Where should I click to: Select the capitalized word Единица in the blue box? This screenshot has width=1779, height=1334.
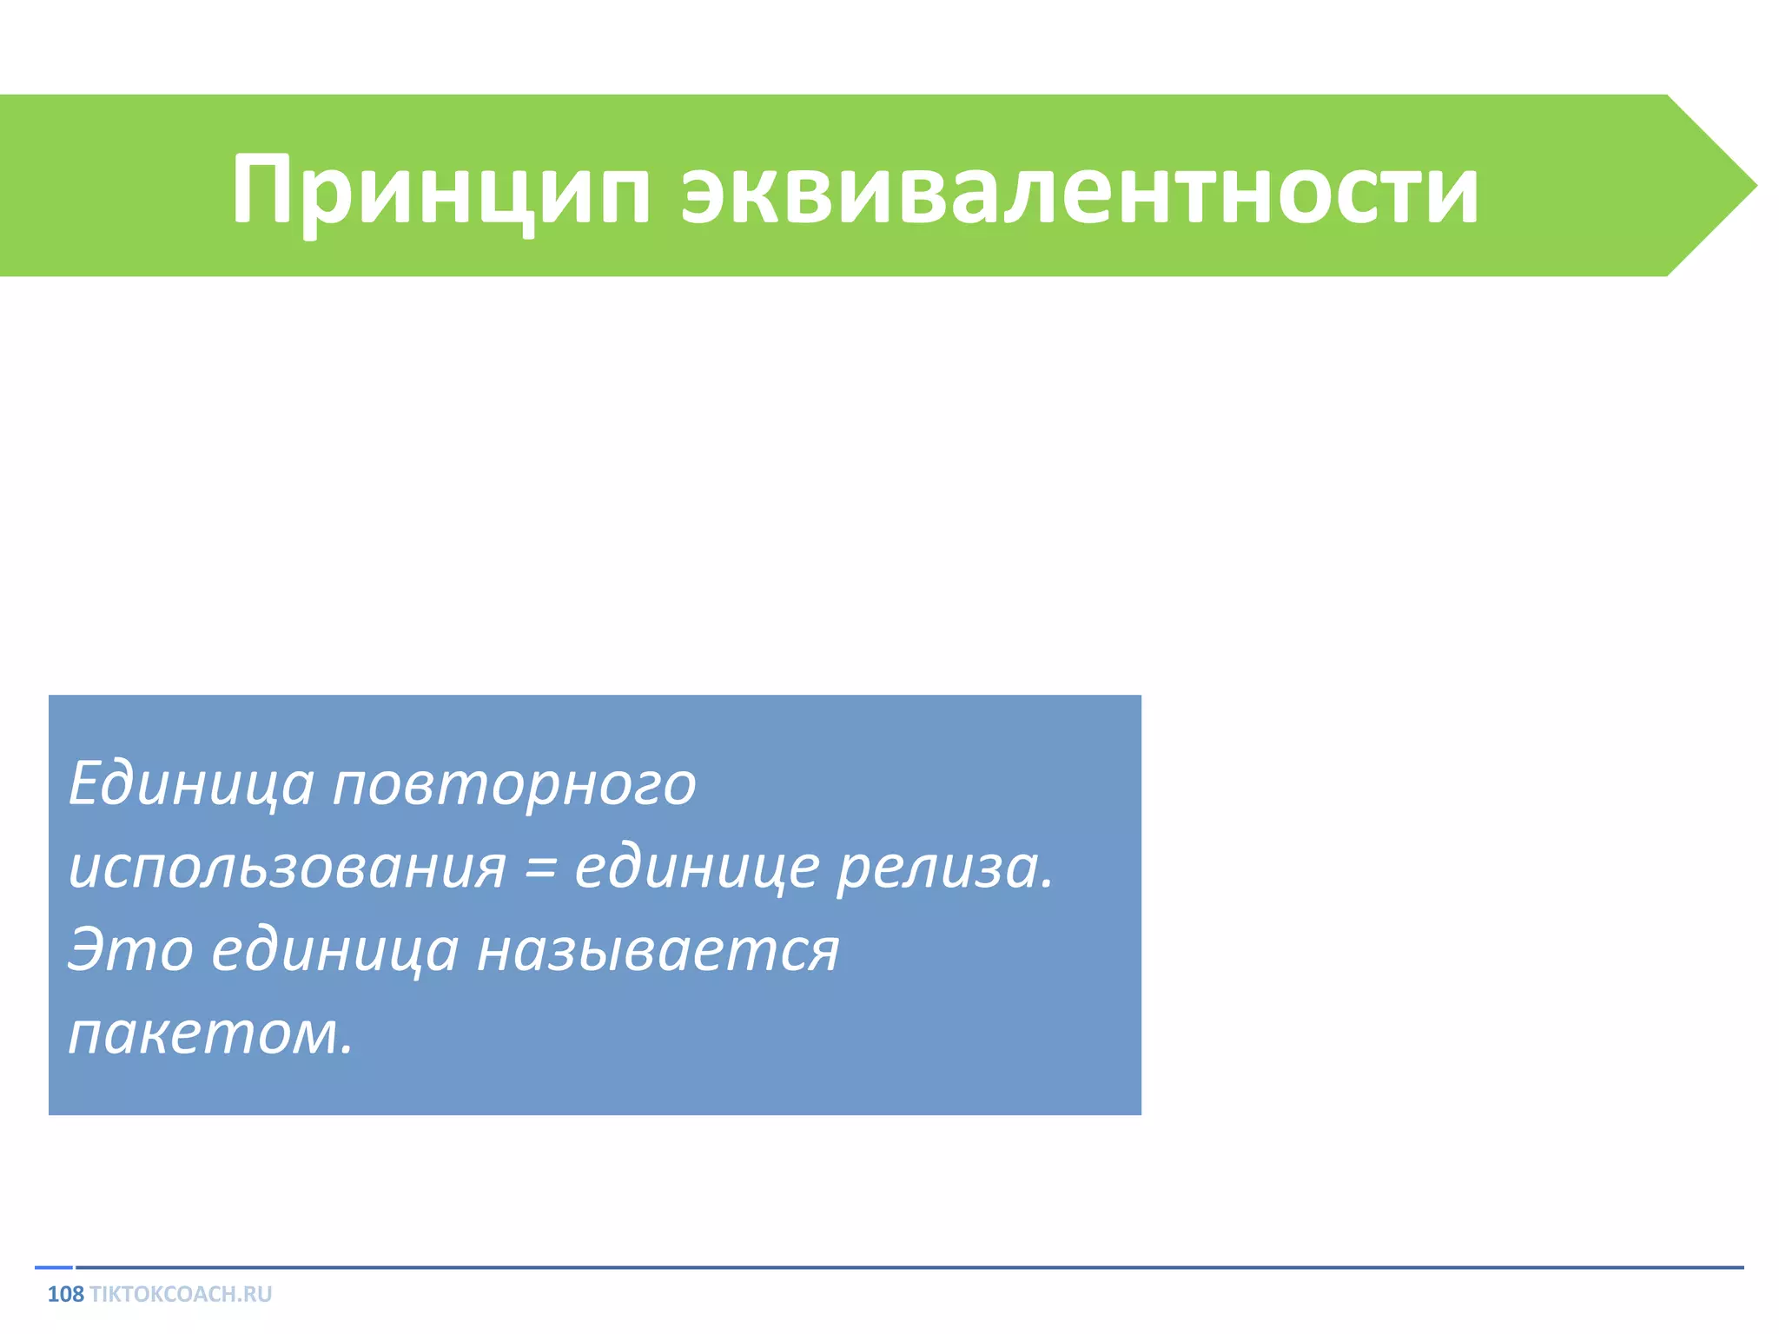pyautogui.click(x=191, y=784)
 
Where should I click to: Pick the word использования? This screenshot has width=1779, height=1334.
pyautogui.click(x=287, y=868)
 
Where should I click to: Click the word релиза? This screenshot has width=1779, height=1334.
pyautogui.click(x=936, y=868)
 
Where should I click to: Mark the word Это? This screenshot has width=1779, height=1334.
pyautogui.click(x=130, y=949)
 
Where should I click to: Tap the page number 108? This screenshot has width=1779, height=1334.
pyautogui.click(x=65, y=1295)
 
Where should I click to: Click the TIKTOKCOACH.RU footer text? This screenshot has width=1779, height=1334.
pyautogui.click(x=181, y=1295)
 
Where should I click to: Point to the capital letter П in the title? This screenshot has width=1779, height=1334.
pyautogui.click(x=264, y=189)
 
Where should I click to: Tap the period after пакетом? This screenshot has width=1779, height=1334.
pyautogui.click(x=347, y=1049)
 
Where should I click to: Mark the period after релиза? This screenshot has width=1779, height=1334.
pyautogui.click(x=1047, y=884)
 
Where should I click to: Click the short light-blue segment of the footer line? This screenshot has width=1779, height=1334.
pyautogui.click(x=54, y=1268)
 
